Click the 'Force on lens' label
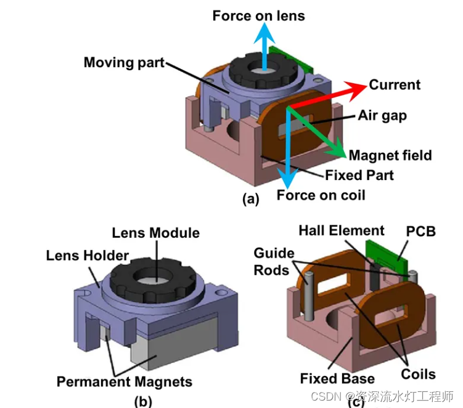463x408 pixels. tap(258, 16)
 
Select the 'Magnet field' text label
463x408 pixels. tap(390, 155)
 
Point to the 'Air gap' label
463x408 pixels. tap(382, 115)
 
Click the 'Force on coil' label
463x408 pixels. tap(321, 195)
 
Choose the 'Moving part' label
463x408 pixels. tap(124, 62)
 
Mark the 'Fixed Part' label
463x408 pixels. tap(360, 175)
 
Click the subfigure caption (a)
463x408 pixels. tap(252, 198)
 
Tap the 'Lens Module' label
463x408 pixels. tap(155, 233)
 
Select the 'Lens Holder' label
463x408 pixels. tap(88, 255)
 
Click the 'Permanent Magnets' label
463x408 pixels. tap(125, 381)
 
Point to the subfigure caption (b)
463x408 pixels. tap(143, 401)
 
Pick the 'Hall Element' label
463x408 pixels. tap(342, 231)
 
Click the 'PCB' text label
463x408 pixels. tap(421, 232)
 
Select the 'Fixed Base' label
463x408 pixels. tap(337, 378)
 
